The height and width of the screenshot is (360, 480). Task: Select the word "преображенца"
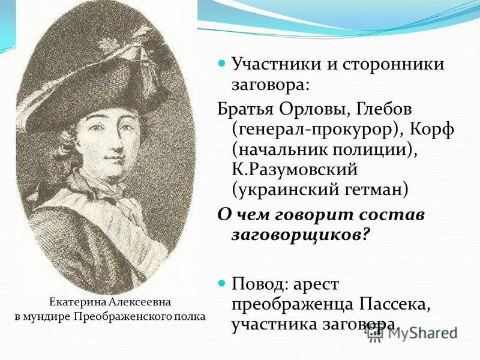click(287, 303)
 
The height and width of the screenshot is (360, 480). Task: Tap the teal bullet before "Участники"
click(221, 63)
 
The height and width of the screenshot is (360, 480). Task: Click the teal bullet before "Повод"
click(221, 281)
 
